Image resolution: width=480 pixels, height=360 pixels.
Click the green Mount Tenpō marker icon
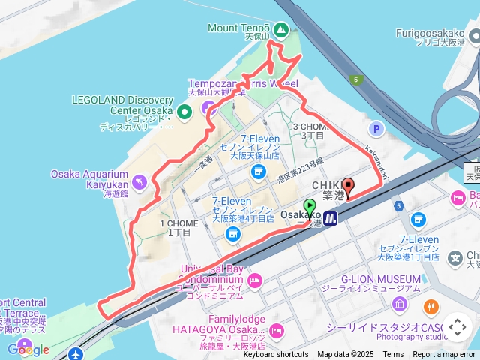(x=280, y=30)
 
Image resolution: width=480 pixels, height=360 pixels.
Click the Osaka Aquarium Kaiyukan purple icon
(x=138, y=181)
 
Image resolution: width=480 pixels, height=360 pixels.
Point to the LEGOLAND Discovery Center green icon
(x=186, y=111)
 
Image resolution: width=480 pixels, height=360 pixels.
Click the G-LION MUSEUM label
(x=380, y=279)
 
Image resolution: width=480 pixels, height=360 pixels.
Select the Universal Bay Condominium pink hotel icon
(x=255, y=280)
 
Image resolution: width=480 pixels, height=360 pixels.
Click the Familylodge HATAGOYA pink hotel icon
(x=277, y=329)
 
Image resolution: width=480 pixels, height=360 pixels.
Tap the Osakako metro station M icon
(x=330, y=218)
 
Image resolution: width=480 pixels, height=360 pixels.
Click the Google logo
(x=28, y=349)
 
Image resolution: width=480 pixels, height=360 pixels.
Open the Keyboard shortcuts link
(x=275, y=355)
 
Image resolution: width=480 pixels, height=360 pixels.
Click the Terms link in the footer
(x=393, y=355)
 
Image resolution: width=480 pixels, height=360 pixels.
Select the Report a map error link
(x=444, y=355)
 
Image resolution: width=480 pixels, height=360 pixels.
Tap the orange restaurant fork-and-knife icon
(x=430, y=306)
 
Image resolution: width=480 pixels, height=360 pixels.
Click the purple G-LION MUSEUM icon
(x=399, y=304)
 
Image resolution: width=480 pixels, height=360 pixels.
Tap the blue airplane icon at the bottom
(x=76, y=353)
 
